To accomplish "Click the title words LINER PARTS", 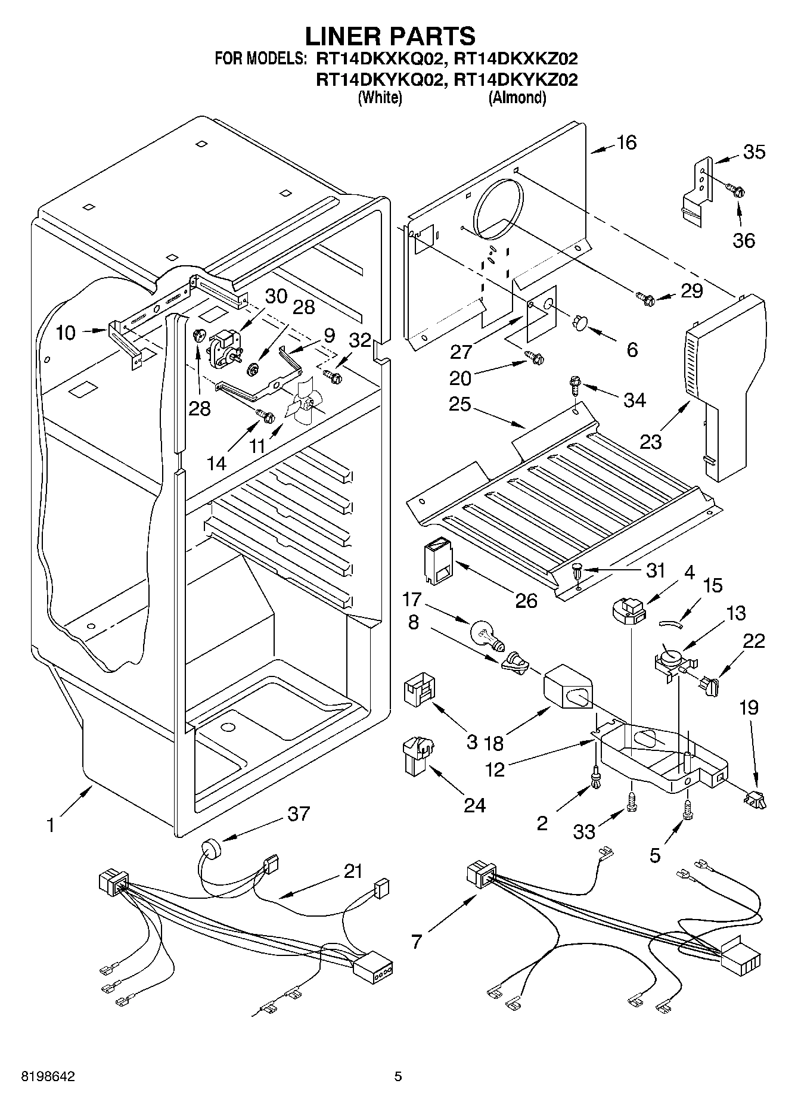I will [390, 36].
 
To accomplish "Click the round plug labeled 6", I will [579, 322].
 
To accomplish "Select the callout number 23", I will [651, 442].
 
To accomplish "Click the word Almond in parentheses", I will [517, 98].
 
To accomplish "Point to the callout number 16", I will [626, 142].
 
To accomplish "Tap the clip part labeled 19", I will [755, 799].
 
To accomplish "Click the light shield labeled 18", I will [568, 688].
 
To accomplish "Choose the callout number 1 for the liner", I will [51, 825].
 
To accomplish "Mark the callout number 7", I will [417, 941].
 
